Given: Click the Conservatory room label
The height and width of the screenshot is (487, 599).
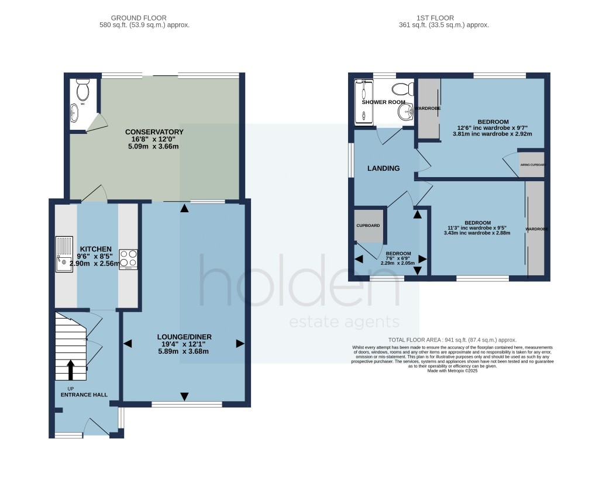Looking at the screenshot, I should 154,132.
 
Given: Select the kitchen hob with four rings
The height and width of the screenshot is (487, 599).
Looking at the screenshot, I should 128,259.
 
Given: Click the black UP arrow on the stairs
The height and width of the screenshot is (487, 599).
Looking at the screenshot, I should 71,369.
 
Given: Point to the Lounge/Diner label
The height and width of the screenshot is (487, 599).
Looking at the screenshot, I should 184,337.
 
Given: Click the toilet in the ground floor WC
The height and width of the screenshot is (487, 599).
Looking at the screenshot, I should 82,91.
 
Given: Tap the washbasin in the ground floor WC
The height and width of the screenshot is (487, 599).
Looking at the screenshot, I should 75,113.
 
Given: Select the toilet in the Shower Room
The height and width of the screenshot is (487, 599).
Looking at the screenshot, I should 401,89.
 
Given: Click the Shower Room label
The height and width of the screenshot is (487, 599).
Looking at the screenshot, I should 383,102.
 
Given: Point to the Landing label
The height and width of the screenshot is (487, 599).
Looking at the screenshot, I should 383,168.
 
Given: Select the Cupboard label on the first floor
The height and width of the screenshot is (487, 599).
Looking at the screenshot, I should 369,226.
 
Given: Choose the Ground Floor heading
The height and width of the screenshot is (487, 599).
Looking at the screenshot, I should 144,18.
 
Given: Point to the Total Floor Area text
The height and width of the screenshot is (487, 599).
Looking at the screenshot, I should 452,340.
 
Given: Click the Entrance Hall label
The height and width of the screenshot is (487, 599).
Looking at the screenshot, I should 84,395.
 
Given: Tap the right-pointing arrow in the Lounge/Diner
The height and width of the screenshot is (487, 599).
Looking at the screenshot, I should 239,344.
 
